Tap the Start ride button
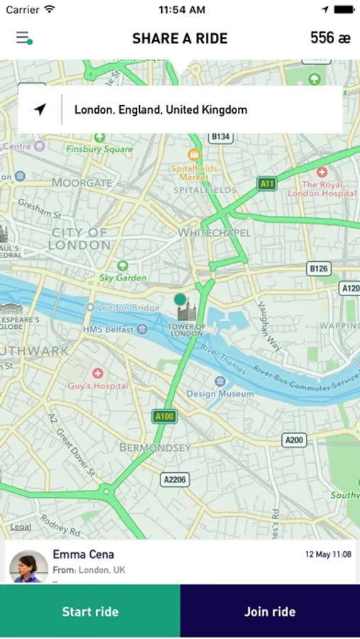click(90, 611)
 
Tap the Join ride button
click(270, 611)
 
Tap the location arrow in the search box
click(40, 109)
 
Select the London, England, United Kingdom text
click(160, 110)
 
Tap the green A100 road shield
click(164, 416)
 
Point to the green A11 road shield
click(267, 184)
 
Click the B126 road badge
click(320, 268)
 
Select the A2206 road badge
click(175, 480)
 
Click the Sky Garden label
click(123, 278)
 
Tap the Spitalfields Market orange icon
click(194, 154)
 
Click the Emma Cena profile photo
click(28, 567)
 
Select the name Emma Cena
click(83, 555)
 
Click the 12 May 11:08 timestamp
click(328, 555)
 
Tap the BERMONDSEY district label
click(155, 448)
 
